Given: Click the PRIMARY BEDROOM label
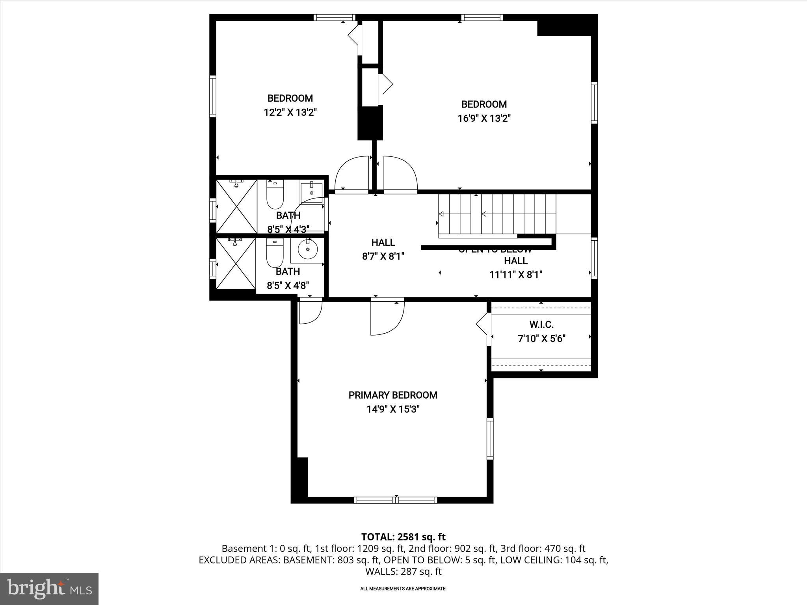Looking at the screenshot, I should pyautogui.click(x=393, y=395).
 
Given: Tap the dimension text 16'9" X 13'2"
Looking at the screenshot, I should pyautogui.click(x=484, y=119).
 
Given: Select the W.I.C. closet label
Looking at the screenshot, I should pyautogui.click(x=541, y=325).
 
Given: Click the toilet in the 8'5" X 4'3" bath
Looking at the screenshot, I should pyautogui.click(x=275, y=195).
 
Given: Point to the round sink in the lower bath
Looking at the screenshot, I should pyautogui.click(x=308, y=249).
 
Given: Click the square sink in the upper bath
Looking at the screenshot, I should pyautogui.click(x=311, y=192).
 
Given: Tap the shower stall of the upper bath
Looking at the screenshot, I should pyautogui.click(x=236, y=207).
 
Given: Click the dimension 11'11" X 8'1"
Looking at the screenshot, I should pyautogui.click(x=516, y=275).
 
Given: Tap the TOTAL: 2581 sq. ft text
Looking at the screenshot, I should pyautogui.click(x=403, y=537).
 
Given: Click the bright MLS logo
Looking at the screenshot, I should pyautogui.click(x=49, y=588).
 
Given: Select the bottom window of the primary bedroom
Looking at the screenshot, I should pyautogui.click(x=395, y=500).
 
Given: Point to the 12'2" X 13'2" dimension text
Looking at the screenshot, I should pyautogui.click(x=290, y=113).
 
